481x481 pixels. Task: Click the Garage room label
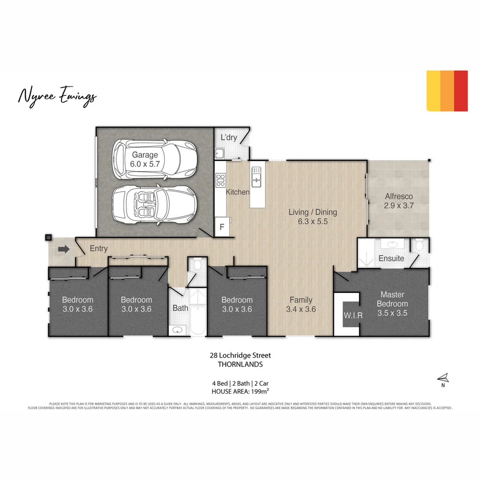point(144,155)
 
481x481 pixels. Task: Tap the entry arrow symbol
point(64,249)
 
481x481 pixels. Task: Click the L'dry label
point(229,138)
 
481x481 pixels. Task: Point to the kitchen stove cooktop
point(220,180)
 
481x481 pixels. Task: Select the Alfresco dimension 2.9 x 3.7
point(399,205)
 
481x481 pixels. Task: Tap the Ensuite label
point(391,258)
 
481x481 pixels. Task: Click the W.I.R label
point(353,315)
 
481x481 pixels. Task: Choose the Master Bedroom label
point(392,299)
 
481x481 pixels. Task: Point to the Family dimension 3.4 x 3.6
point(301,309)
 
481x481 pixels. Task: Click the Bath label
point(180,308)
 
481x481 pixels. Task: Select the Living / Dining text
point(313,212)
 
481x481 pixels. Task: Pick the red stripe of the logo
point(461,91)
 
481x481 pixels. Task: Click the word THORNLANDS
point(240,364)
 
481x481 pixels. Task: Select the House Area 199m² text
point(240,391)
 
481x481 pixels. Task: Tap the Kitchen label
point(237,192)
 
